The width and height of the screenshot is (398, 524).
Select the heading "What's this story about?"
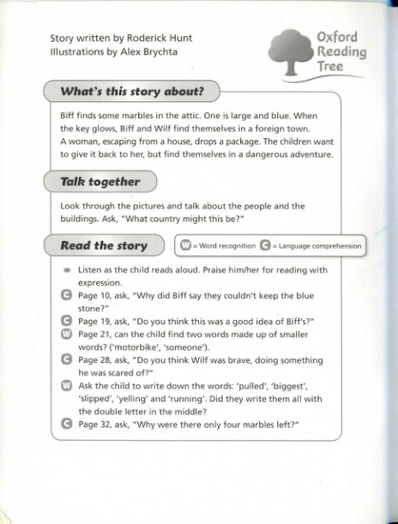pos(131,92)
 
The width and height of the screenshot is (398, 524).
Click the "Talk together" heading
pos(100,182)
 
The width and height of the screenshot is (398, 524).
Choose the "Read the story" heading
pos(104,246)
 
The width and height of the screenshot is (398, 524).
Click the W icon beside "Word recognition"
pos(185,246)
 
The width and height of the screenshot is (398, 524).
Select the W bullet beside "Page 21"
pos(67,334)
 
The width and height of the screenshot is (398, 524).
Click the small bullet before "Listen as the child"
pos(67,269)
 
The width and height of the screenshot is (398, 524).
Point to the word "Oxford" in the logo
pos(336,38)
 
